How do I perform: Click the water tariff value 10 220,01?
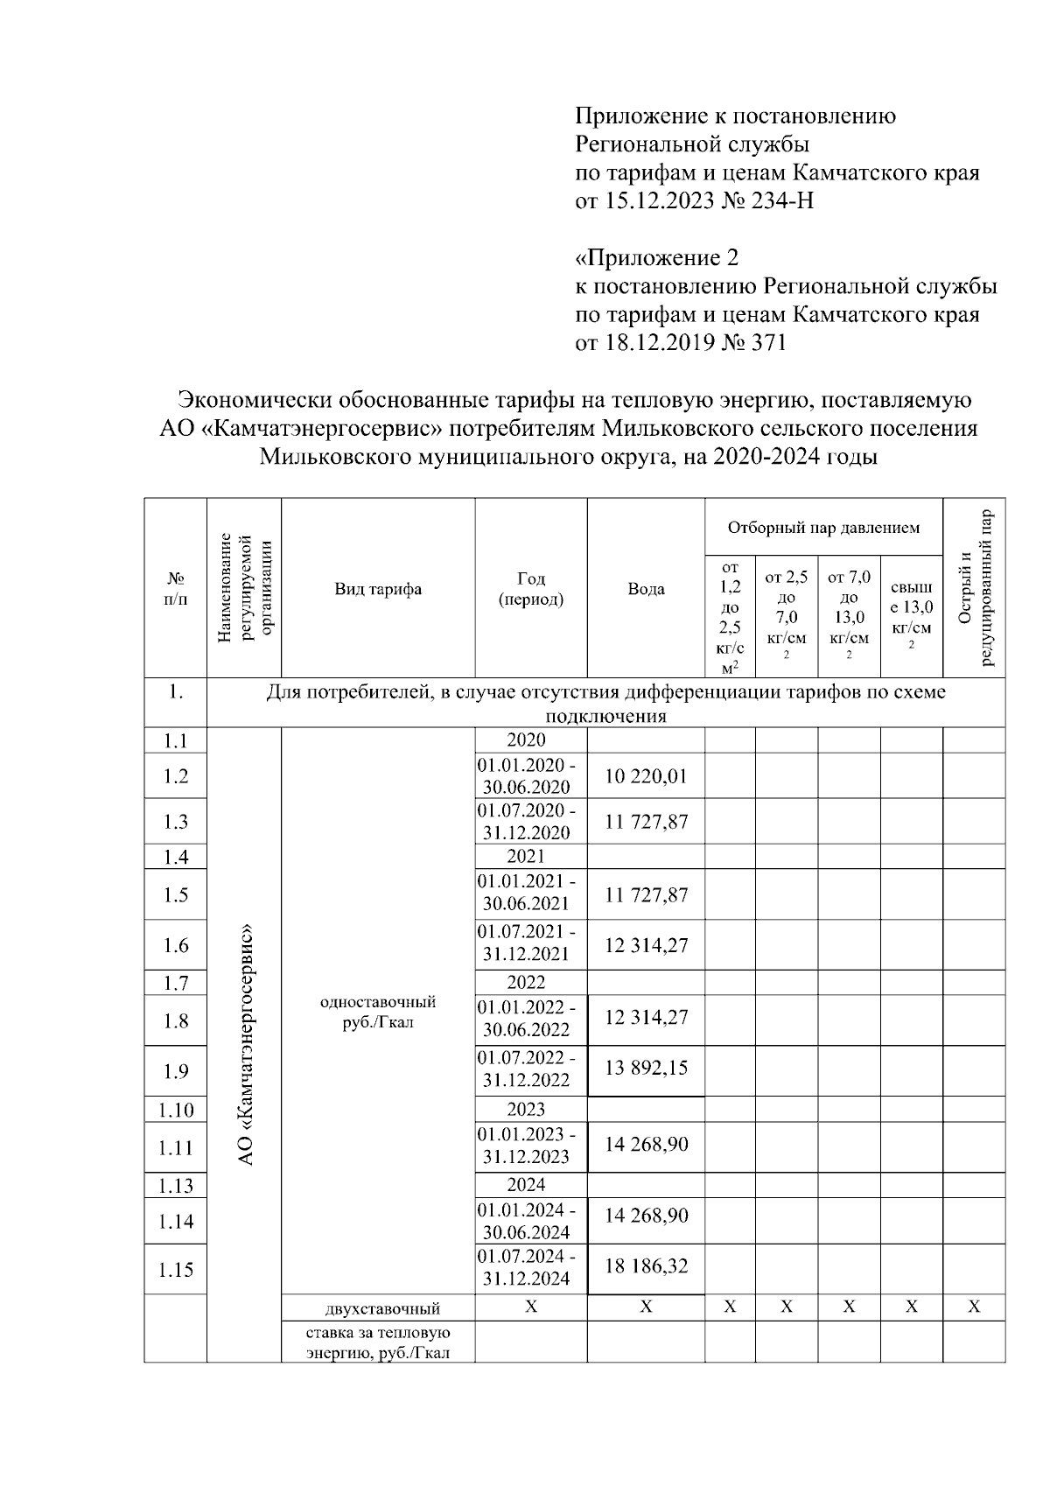[x=646, y=775]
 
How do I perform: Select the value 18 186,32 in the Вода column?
[x=646, y=1265]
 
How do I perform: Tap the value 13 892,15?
[x=646, y=1068]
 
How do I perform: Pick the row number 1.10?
[x=176, y=1110]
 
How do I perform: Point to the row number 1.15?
[x=176, y=1270]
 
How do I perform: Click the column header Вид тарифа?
[x=378, y=589]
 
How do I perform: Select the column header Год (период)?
[x=531, y=589]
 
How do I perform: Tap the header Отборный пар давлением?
[x=823, y=528]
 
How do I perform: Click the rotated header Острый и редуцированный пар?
[x=974, y=588]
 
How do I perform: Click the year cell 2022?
[x=526, y=982]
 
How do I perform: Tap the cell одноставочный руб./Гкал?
[x=378, y=1012]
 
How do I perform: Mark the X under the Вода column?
[x=646, y=1307]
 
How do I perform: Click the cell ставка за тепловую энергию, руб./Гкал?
[x=378, y=1342]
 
